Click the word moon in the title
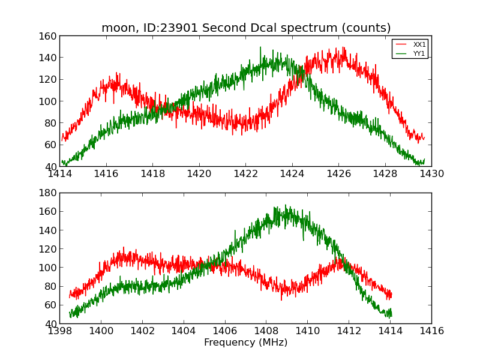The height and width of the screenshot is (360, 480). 116,28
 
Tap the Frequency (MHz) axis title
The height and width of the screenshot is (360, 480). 245,343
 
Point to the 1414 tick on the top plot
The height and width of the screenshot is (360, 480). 59,174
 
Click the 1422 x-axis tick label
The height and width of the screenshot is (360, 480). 245,174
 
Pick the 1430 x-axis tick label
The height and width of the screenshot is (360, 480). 431,174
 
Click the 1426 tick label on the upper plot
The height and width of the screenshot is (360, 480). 338,174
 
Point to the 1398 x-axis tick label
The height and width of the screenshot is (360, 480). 59,331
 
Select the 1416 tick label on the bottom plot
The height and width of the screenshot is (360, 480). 431,331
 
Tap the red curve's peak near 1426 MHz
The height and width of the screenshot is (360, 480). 344,48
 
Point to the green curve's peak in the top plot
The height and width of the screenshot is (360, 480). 260,47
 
